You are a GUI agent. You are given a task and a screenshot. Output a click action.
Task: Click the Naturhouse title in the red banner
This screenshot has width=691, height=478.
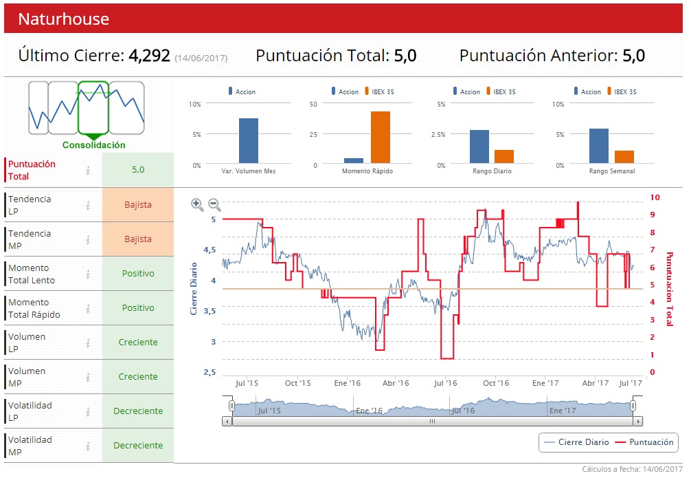point(63,19)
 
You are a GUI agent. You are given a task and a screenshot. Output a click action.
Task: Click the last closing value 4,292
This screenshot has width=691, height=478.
point(149,56)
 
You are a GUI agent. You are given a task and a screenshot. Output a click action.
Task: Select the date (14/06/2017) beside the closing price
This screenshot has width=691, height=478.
point(201,58)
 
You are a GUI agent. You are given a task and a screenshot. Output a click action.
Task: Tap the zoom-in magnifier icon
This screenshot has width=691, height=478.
point(197,204)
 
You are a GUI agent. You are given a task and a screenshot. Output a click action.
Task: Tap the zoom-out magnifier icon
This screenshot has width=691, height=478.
point(214,204)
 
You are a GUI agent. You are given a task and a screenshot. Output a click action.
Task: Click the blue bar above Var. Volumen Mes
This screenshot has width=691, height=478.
point(249,141)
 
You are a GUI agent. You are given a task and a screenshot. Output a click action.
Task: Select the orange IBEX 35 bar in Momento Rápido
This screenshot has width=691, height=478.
point(380,138)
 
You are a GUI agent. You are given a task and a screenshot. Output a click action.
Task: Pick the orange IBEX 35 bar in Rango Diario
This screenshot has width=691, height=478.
point(503,156)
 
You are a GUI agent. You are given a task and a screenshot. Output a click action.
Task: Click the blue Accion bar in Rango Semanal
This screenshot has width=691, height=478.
point(598,146)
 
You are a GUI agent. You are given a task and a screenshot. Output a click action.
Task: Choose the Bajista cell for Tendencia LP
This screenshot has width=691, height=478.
point(138,204)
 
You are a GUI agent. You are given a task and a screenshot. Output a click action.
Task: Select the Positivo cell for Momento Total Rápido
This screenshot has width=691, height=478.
point(138,307)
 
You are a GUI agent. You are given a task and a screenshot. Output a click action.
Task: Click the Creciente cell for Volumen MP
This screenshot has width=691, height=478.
point(138,376)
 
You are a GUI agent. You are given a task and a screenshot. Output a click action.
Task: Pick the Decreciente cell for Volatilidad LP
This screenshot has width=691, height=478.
point(138,411)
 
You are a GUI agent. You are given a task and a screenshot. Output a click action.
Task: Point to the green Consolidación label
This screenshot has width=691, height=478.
point(94,145)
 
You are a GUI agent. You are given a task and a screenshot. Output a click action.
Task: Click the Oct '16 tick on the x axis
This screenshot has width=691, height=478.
point(495,383)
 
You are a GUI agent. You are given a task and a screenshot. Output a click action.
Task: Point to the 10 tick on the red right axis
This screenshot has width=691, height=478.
point(655,197)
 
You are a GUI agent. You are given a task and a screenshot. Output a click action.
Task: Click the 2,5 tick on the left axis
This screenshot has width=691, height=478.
point(209,372)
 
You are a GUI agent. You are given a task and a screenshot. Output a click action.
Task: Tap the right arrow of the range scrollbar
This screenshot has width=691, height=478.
point(638,421)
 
